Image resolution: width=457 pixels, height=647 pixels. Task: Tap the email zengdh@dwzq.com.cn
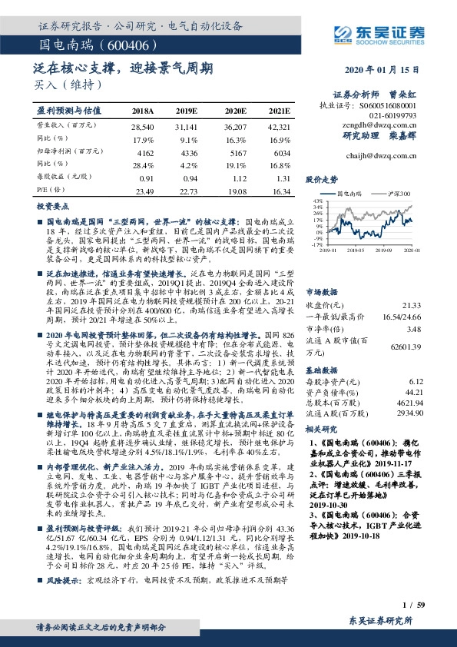coord(397,124)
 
